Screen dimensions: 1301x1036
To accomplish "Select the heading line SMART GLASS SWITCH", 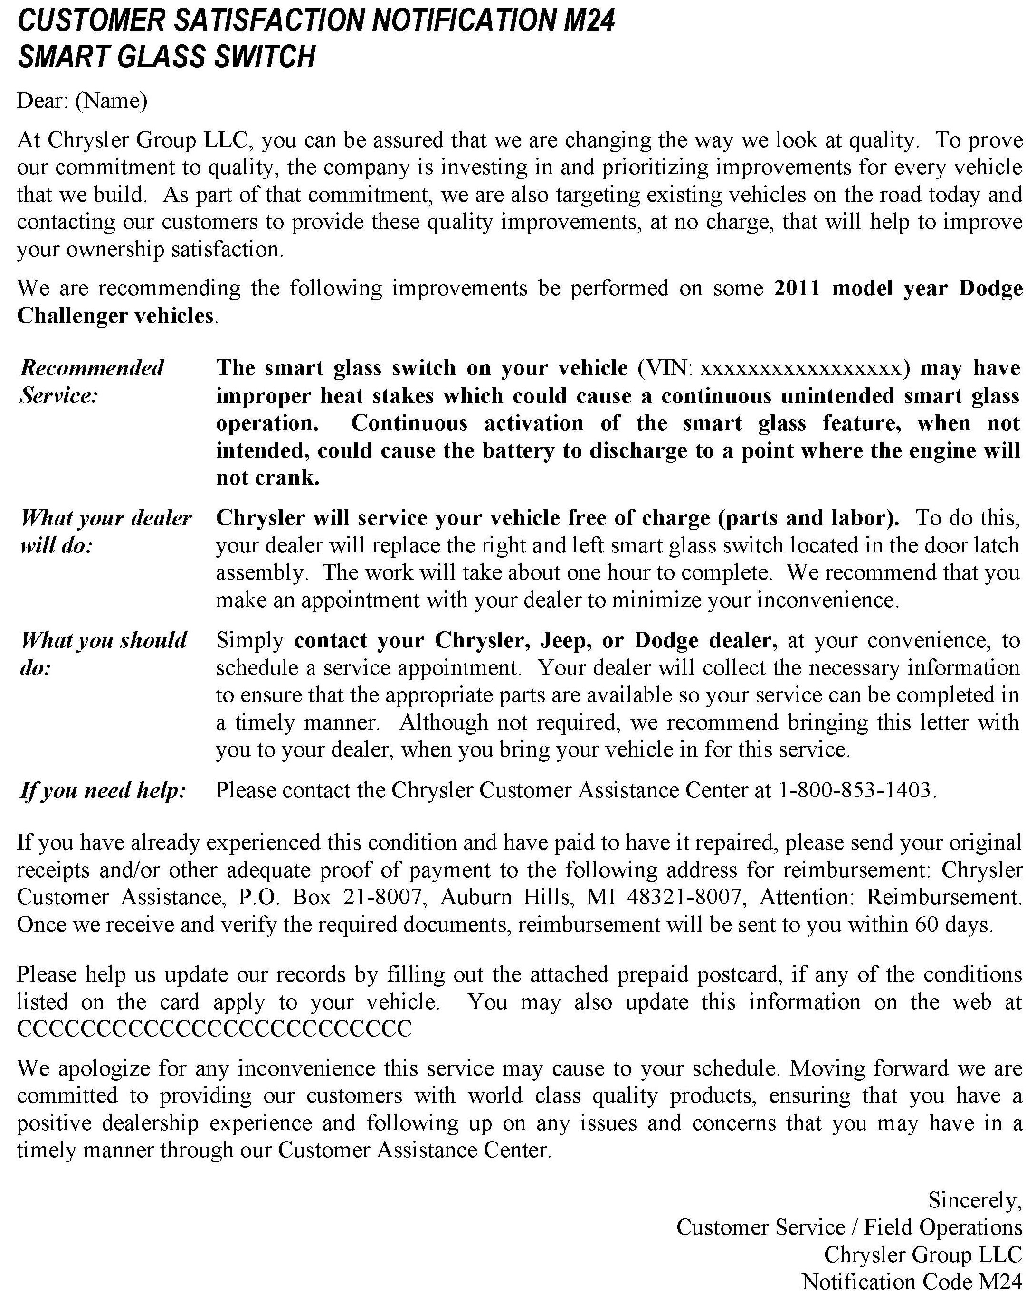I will coord(166,58).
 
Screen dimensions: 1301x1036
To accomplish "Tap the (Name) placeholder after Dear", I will coord(111,101).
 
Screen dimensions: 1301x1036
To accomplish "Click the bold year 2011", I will coord(796,289).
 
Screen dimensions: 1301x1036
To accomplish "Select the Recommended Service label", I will coord(92,381).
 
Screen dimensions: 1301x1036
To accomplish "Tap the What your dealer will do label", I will coord(105,532).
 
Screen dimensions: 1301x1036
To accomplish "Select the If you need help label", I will coord(103,790).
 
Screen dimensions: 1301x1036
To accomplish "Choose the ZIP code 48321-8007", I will coord(684,897).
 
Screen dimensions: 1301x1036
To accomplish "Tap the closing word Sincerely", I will coord(974,1200).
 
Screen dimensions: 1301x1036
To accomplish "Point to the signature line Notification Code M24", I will coord(912,1282).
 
